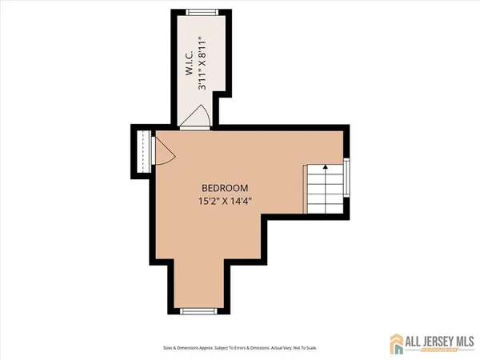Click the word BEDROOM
[x=220, y=188]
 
